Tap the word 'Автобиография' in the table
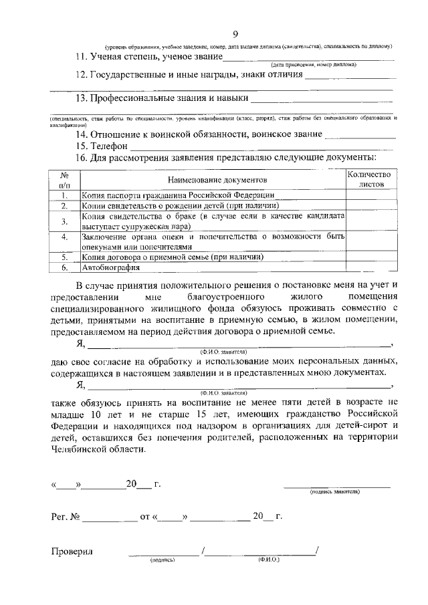click(x=110, y=267)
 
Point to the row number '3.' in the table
click(x=65, y=222)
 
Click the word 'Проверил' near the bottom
click(x=72, y=552)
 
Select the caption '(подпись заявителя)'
click(x=334, y=491)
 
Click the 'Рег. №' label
click(x=66, y=517)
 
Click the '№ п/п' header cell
click(x=65, y=178)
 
